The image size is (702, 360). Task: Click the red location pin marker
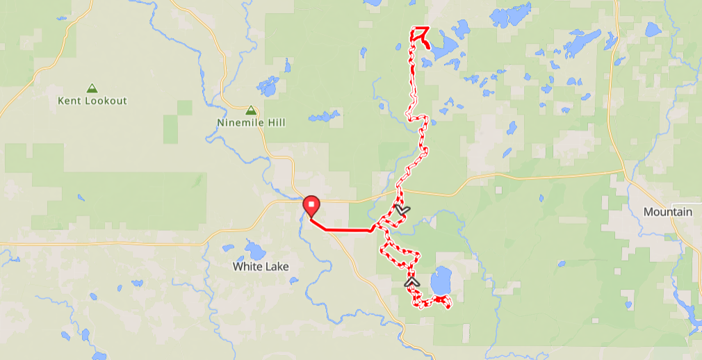point(312,206)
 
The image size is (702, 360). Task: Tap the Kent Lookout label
point(92,101)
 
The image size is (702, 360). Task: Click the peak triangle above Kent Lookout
point(92,89)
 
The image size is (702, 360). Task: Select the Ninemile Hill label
point(251,123)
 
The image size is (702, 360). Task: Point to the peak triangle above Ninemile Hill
point(251,111)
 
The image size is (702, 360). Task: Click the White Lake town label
point(261,266)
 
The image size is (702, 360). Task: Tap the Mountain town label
point(667,212)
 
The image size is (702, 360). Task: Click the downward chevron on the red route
point(402,208)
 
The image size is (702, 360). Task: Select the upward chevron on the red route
point(412,282)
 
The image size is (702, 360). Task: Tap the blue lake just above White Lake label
point(255,250)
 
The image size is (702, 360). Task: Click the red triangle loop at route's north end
point(420,32)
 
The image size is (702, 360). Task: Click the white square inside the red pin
point(312,204)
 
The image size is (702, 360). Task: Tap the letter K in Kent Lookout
point(60,101)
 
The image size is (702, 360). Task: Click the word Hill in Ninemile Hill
point(275,123)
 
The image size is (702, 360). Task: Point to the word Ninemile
point(240,123)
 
